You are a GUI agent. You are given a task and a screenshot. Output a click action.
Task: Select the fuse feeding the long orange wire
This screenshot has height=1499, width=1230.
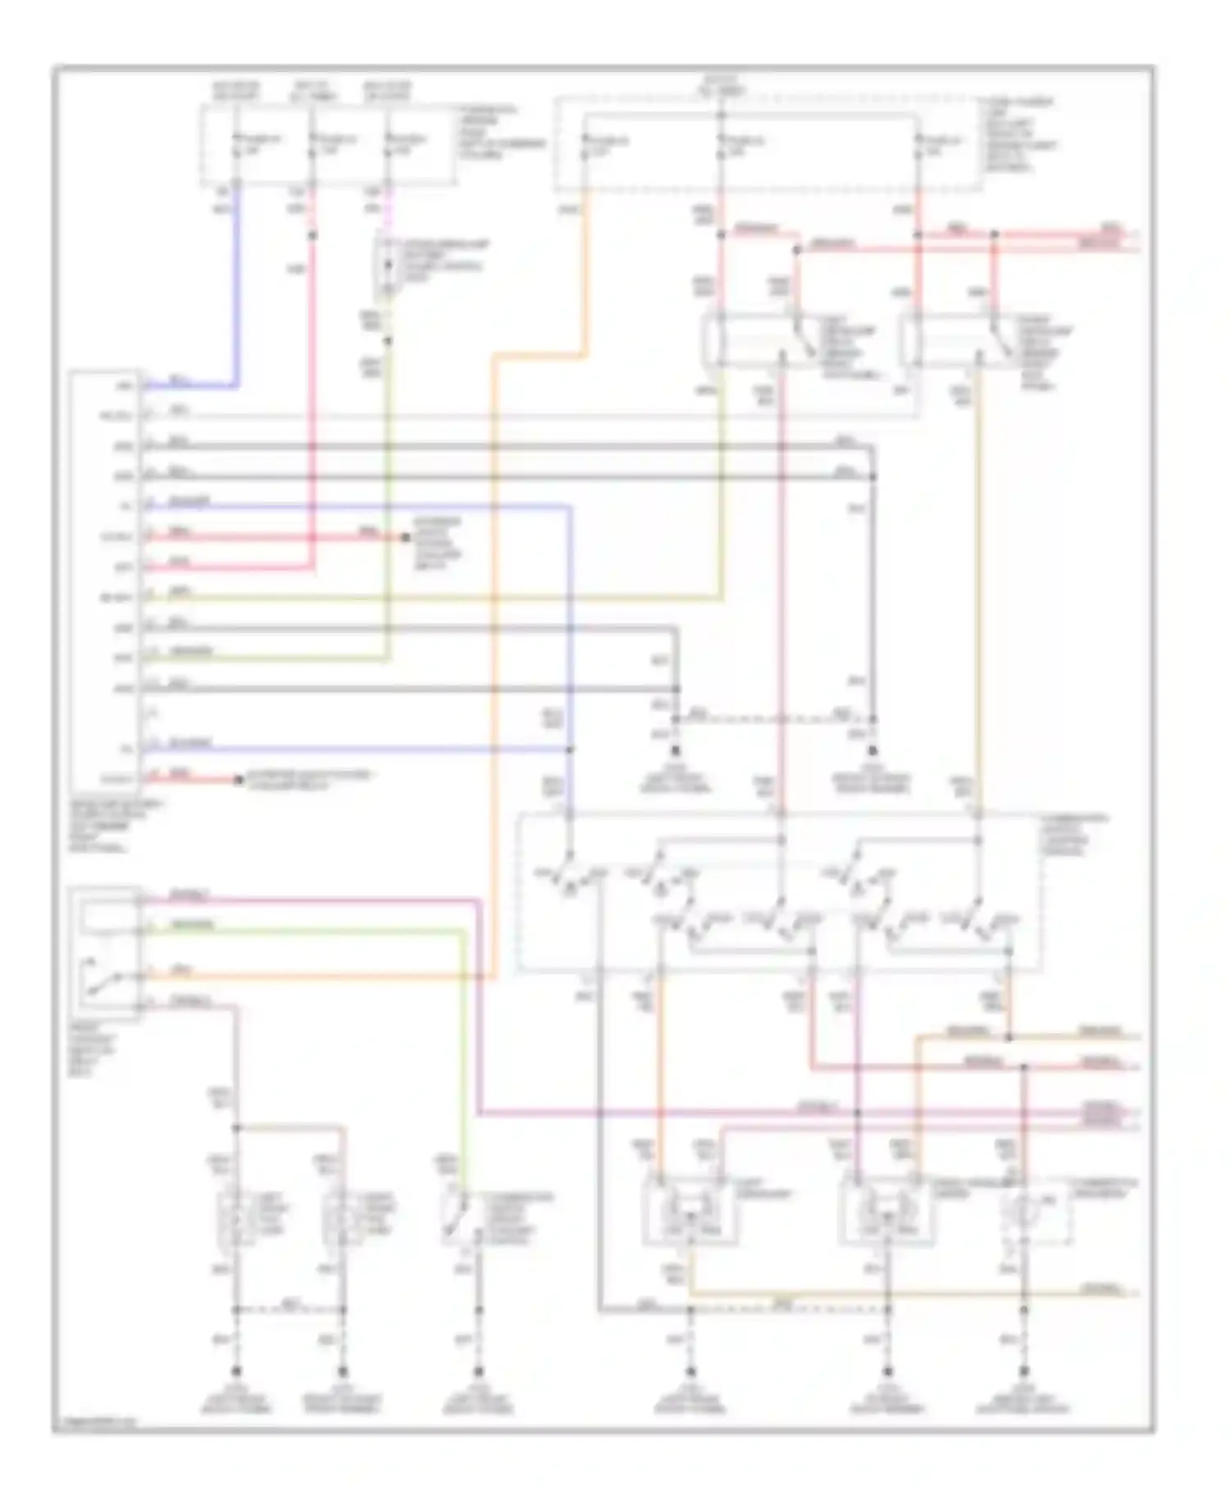coord(585,148)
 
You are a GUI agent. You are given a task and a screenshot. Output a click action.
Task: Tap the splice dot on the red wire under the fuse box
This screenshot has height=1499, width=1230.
coord(312,235)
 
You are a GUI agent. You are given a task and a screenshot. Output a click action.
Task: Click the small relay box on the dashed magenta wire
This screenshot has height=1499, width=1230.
coord(387,267)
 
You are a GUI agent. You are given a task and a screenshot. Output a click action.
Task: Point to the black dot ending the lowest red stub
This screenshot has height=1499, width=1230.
coord(239,780)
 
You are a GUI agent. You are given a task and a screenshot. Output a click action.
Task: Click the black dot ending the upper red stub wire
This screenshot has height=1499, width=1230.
coord(405,538)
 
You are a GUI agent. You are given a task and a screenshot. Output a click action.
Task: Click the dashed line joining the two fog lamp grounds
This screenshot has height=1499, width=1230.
coord(289,1309)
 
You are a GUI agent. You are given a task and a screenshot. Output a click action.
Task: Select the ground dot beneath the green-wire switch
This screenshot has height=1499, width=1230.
coord(478,1372)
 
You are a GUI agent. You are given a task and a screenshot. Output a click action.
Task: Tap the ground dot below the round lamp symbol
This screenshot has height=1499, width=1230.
coord(1023,1371)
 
